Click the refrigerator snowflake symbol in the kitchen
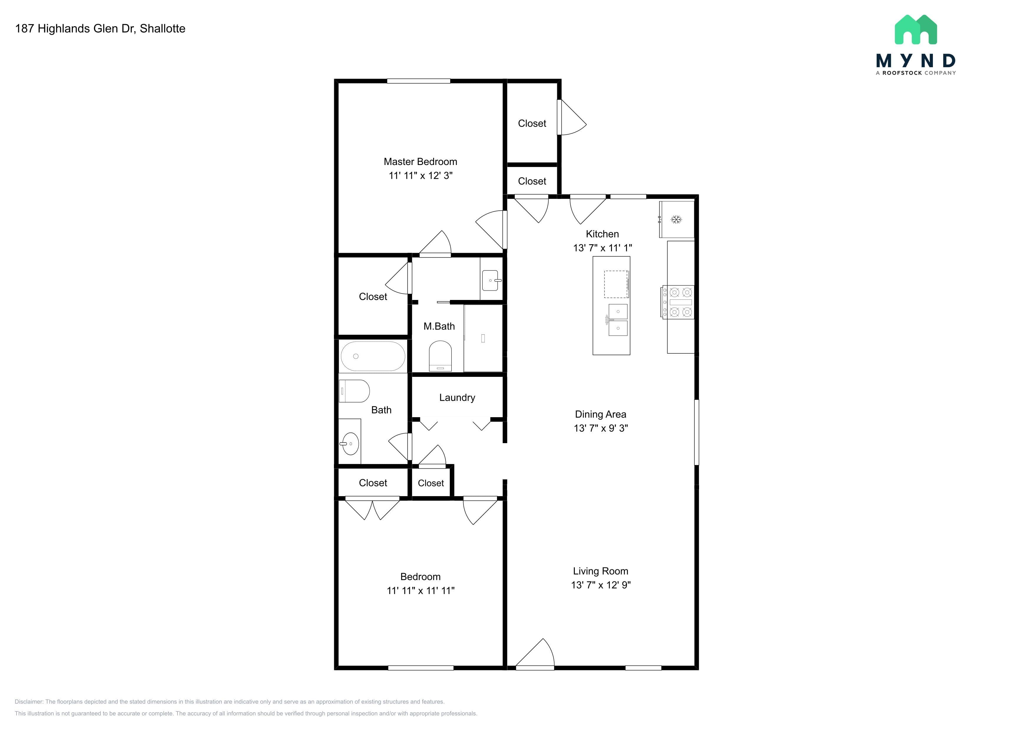point(676,220)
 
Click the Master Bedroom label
point(420,161)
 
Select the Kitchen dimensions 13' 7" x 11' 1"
point(602,247)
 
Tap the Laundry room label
point(457,397)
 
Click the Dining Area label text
point(601,414)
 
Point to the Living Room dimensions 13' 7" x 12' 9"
point(601,585)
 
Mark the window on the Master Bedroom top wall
point(418,81)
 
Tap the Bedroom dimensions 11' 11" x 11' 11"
point(421,590)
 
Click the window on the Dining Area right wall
point(696,432)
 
